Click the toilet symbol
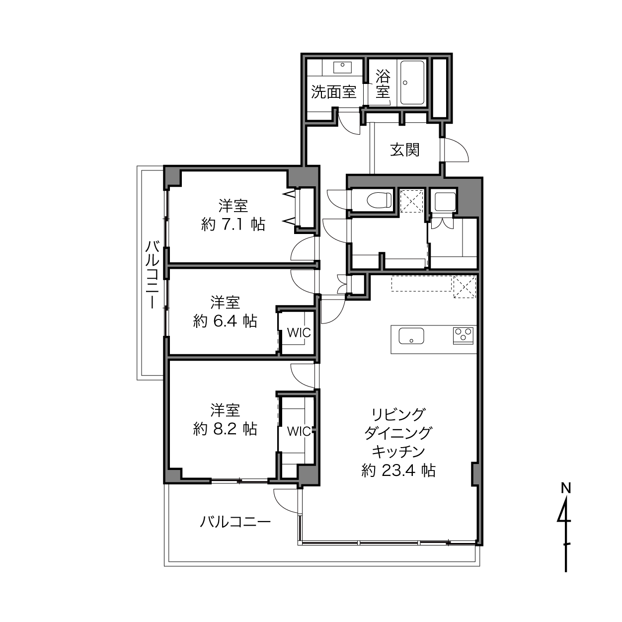coord(379,200)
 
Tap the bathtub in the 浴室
coord(412,82)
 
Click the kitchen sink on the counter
coord(411,336)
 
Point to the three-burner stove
coord(463,336)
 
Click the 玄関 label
coord(405,150)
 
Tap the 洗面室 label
coord(333,92)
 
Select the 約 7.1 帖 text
coord(233,224)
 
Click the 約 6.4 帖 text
coord(225,321)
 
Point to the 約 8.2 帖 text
coord(225,429)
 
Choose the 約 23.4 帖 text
coord(398,470)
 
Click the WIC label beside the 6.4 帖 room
coord(299,333)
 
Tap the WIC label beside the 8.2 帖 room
coord(299,431)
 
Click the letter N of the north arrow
coord(565,488)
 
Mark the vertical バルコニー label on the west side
coord(152,274)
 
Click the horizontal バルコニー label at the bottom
coord(235,522)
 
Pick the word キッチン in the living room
coord(398,452)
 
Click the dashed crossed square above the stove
coord(465,287)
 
